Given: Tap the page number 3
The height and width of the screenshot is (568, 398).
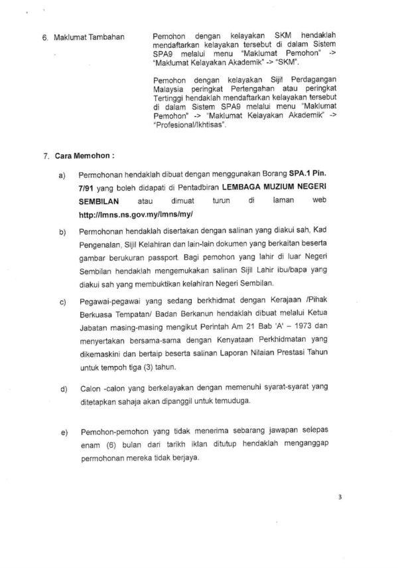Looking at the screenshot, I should pyautogui.click(x=375, y=512).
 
